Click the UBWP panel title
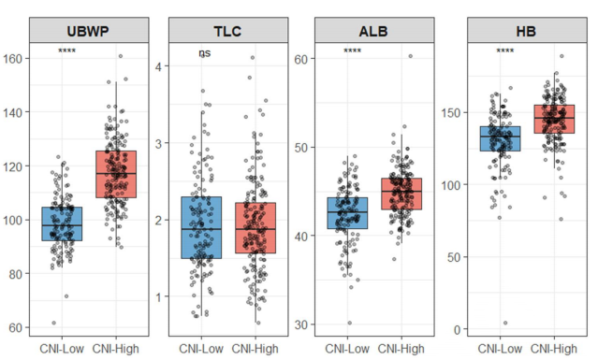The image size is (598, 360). click(x=92, y=29)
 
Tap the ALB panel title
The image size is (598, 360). click(x=372, y=29)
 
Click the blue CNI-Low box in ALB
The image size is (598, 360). click(x=347, y=213)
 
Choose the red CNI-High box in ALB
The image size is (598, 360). click(x=400, y=194)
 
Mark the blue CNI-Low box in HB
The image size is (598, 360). click(x=499, y=137)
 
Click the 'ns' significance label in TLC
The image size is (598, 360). click(x=205, y=53)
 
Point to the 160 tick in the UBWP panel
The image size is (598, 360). click(x=16, y=58)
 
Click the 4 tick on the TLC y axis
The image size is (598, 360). click(x=160, y=66)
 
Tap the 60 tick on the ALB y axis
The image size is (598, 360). click(x=304, y=59)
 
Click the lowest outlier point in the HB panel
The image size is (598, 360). click(x=504, y=324)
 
